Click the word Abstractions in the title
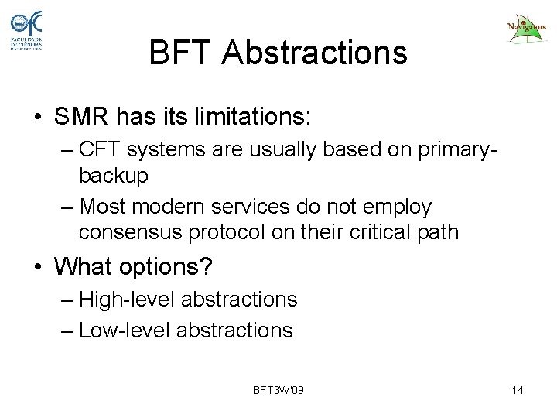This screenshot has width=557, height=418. [x=317, y=53]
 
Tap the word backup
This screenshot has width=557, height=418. [x=113, y=176]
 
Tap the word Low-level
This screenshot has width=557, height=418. [x=125, y=331]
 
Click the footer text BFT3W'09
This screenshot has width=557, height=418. [x=278, y=389]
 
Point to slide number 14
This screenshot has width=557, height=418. [x=518, y=389]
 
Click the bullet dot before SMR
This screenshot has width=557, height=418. [x=38, y=118]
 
